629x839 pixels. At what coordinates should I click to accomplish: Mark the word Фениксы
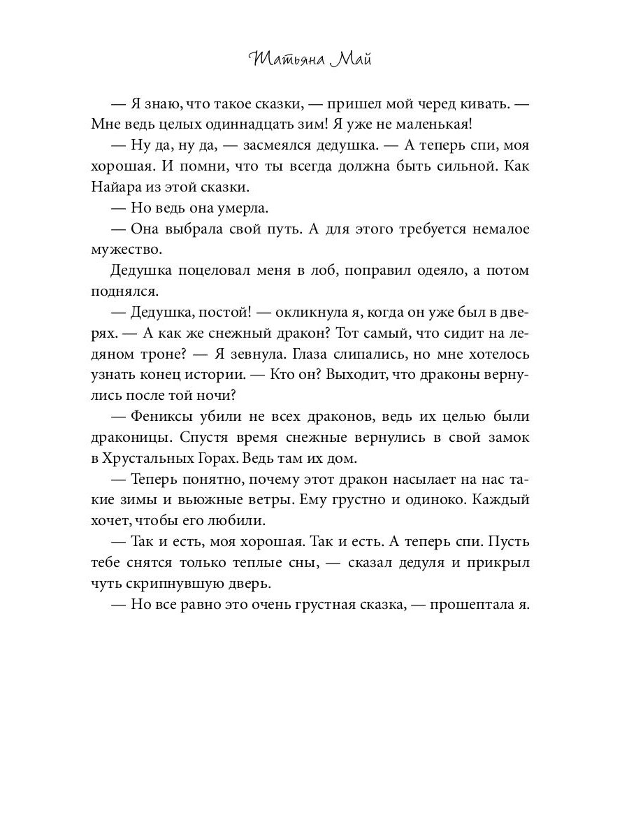tap(164, 417)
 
